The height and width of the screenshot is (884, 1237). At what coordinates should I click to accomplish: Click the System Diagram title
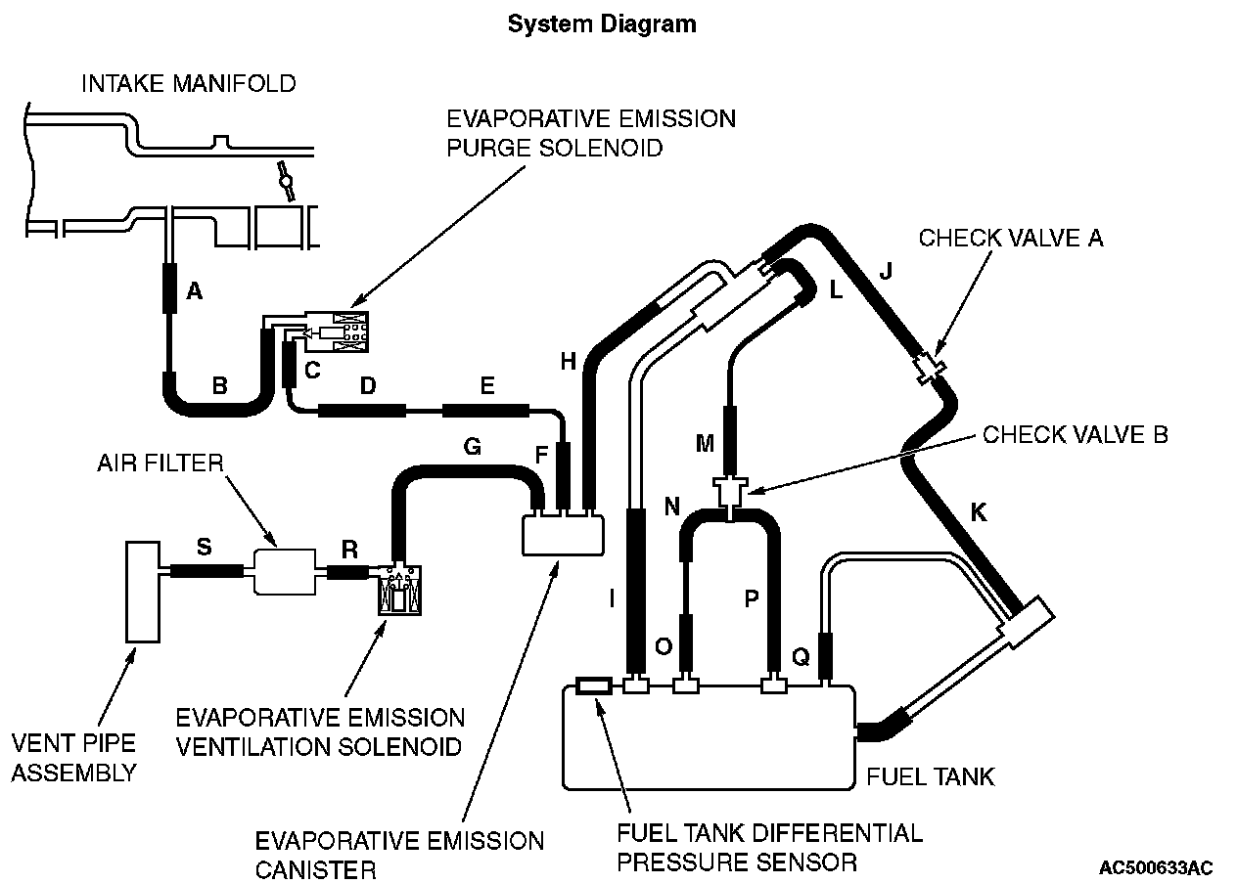[x=602, y=24]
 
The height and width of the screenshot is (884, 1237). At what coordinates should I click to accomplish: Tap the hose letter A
[x=195, y=290]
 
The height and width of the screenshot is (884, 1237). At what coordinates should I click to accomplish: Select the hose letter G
[x=473, y=447]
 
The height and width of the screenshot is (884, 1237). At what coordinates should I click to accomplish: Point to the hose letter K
[x=979, y=512]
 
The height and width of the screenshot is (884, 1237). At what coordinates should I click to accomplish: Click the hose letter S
[x=205, y=547]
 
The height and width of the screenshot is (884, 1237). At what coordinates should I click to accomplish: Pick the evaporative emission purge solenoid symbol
[x=336, y=331]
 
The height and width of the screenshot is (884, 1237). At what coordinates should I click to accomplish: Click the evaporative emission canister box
[x=564, y=535]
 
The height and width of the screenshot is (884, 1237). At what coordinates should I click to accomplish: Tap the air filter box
[x=285, y=572]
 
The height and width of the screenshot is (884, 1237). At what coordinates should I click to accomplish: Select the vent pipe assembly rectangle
[x=143, y=592]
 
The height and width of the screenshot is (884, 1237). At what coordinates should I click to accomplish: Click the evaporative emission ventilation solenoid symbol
[x=400, y=590]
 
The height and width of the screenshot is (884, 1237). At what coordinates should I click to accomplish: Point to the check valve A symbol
[x=930, y=368]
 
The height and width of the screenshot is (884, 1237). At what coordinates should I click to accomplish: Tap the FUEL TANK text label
[x=931, y=777]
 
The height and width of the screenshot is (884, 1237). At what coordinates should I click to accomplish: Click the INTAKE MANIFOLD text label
[x=189, y=84]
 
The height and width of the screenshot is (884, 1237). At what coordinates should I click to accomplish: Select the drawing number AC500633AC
[x=1156, y=868]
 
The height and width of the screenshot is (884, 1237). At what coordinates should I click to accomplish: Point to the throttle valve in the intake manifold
[x=287, y=181]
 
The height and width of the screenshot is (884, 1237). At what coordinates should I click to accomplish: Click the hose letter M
[x=706, y=444]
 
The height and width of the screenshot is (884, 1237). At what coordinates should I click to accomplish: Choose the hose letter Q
[x=802, y=657]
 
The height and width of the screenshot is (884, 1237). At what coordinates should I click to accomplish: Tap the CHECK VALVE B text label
[x=1076, y=435]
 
